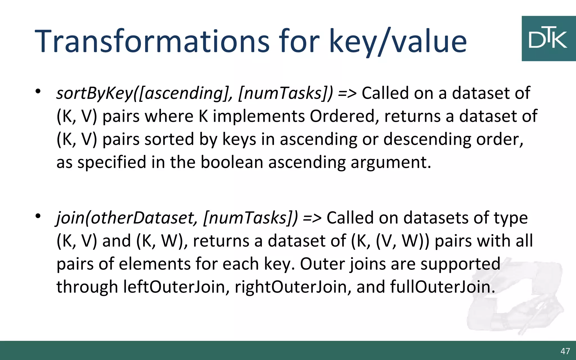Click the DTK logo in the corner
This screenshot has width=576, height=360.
548,38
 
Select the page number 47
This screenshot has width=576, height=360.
565,351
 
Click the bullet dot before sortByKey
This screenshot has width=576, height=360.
38,91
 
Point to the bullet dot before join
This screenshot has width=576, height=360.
38,216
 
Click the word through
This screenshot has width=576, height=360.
87,287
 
